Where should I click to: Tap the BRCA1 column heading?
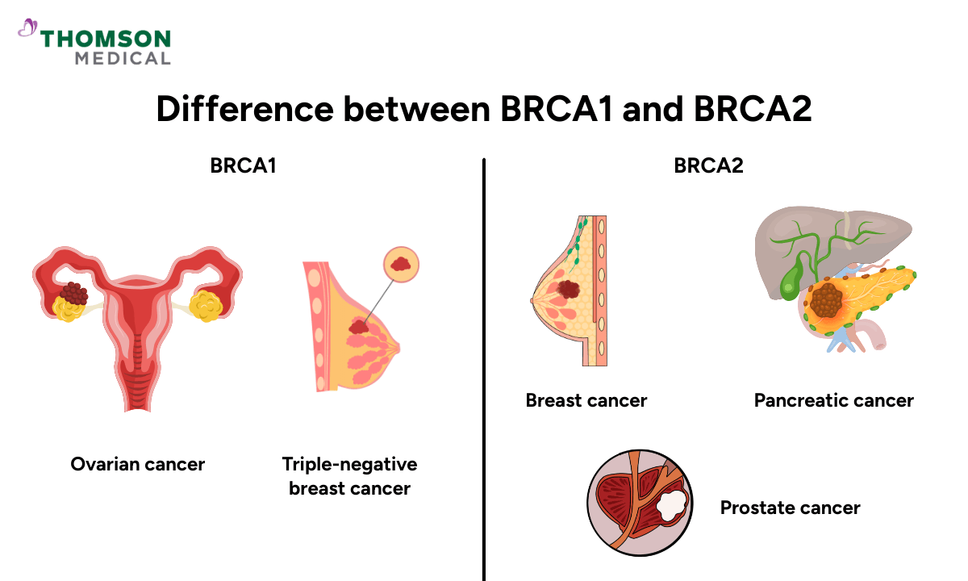(x=243, y=166)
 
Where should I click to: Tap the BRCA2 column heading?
(x=708, y=166)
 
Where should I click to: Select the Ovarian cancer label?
(x=137, y=464)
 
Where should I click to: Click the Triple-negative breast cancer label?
(x=349, y=476)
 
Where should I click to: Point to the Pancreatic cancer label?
(x=833, y=400)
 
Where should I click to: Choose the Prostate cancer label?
(x=790, y=508)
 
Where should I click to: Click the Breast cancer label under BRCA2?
(x=586, y=400)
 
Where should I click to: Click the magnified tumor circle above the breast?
(x=401, y=262)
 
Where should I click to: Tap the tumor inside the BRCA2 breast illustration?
(x=569, y=289)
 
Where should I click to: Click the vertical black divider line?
(x=483, y=363)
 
